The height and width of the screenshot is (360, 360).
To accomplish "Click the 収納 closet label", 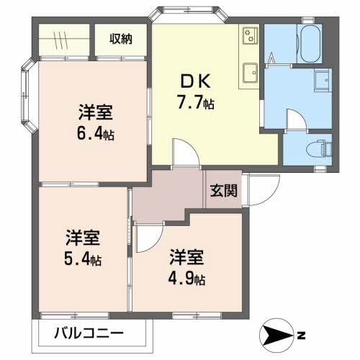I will tap(121, 39).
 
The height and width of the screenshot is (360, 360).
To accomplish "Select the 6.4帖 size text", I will tap(95, 134).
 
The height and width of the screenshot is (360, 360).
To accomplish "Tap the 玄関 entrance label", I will tap(225, 192).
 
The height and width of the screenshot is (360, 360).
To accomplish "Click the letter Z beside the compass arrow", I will tap(302, 336).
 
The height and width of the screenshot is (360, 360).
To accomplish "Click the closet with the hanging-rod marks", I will tap(63, 39).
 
